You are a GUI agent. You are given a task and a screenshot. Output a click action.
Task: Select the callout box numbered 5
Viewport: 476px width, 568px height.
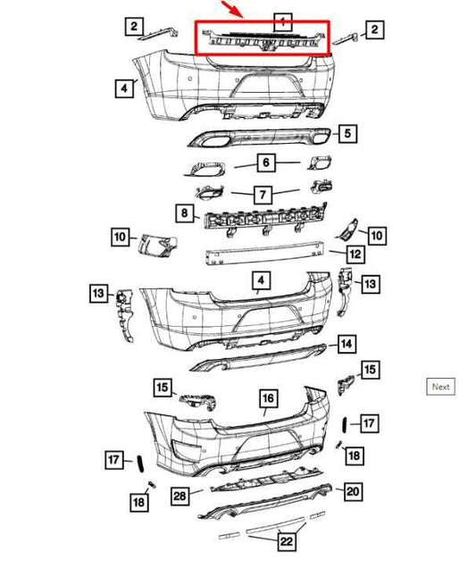pos(347,134)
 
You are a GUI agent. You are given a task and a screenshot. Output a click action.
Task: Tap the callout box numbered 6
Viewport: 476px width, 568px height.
pos(265,163)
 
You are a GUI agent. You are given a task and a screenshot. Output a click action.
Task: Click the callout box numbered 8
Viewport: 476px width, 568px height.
pos(184,213)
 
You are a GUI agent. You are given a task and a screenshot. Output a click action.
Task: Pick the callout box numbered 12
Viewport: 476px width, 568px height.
pos(355,255)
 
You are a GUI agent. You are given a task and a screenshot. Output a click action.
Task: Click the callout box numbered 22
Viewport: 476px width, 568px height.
pos(288,541)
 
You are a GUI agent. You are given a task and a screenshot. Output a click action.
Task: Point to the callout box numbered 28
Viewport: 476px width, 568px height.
pos(180,495)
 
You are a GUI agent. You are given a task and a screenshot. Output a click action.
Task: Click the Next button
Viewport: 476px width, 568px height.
pos(440,387)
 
